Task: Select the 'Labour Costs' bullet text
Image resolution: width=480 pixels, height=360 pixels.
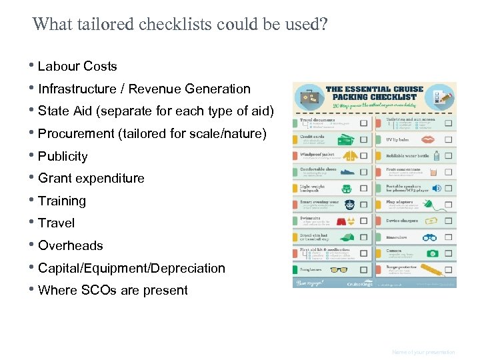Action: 77,66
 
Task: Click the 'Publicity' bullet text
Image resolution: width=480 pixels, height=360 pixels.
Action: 63,156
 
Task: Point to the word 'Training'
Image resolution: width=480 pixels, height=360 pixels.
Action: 62,201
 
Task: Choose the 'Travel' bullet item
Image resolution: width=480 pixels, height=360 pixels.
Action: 56,223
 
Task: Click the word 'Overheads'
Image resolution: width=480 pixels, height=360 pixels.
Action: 70,245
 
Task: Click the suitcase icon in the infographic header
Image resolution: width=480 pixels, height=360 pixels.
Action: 309,97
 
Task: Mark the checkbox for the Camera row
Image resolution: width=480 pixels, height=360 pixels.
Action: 448,253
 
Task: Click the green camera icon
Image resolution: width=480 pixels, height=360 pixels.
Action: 431,253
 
